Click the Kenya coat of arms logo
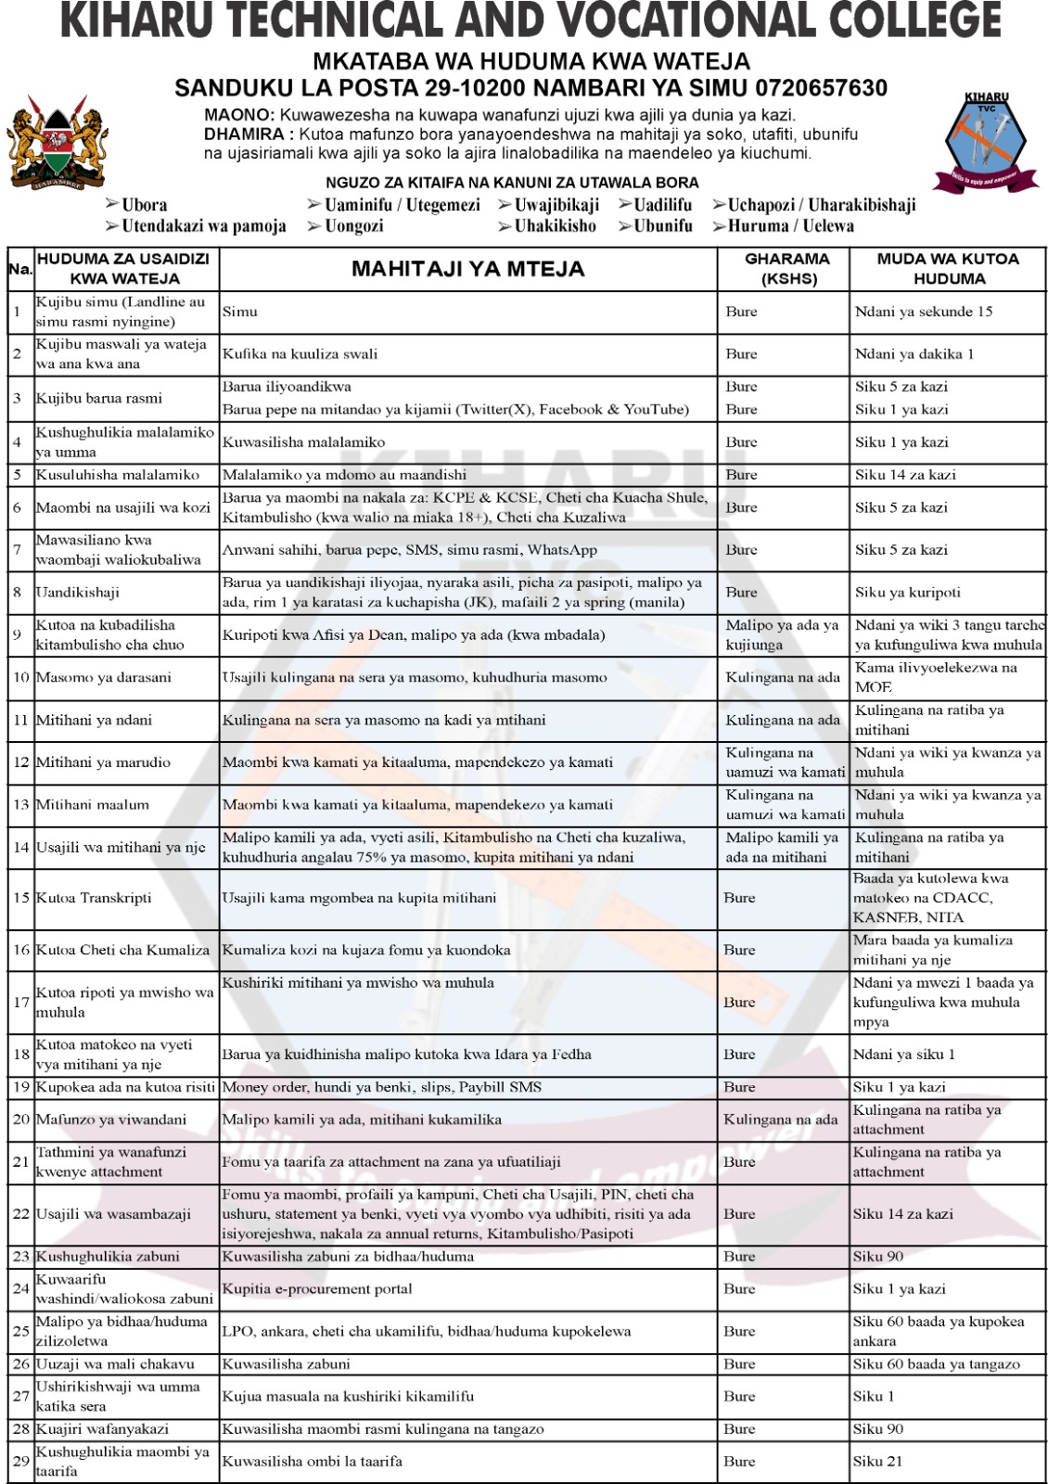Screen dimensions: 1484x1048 click(58, 143)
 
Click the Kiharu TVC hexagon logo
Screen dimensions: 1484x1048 click(986, 142)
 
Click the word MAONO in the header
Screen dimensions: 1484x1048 click(237, 116)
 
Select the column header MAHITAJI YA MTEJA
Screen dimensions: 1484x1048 click(467, 269)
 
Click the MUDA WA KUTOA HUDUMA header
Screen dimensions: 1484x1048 click(948, 268)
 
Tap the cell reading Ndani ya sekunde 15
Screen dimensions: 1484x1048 click(923, 312)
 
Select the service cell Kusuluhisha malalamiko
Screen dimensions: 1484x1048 click(118, 475)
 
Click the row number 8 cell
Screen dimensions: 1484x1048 click(19, 592)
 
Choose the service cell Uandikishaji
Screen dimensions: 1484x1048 click(78, 592)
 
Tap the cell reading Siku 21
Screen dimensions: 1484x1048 click(875, 1462)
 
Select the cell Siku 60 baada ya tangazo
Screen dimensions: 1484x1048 click(936, 1364)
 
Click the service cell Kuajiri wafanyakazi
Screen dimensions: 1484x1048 click(102, 1429)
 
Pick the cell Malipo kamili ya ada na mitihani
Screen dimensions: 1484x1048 click(781, 847)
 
